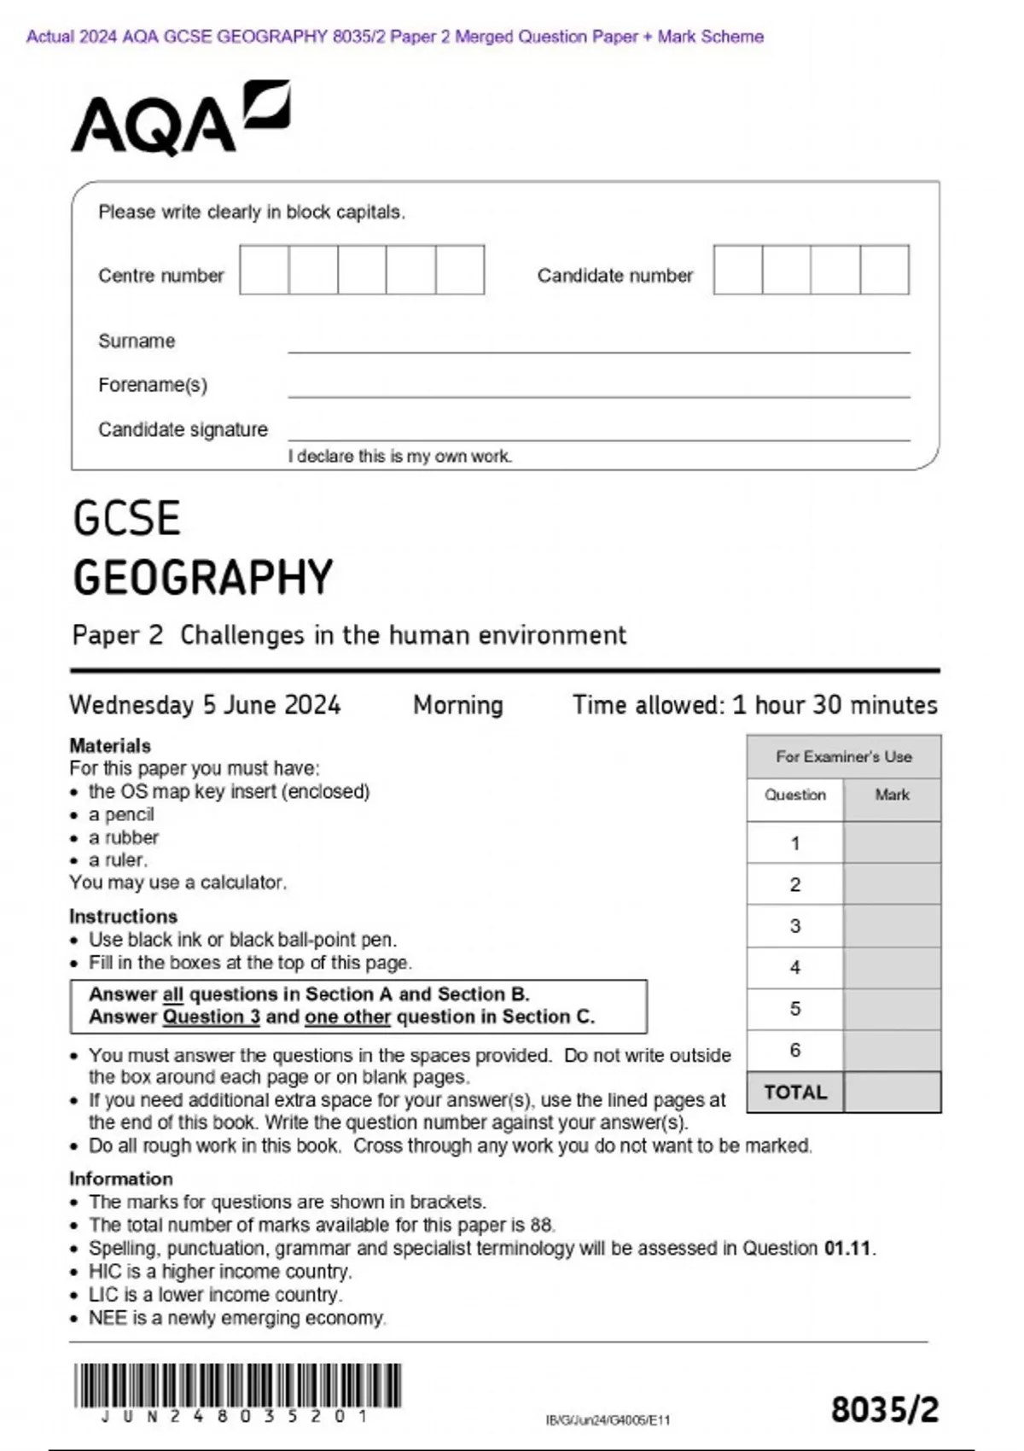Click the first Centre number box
tap(264, 270)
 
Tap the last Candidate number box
tap(884, 270)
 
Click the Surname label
tap(137, 341)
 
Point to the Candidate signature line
tap(597, 438)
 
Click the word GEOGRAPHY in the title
tap(203, 578)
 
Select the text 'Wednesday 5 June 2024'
tap(205, 705)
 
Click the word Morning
tap(458, 705)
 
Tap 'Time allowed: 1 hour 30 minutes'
tap(754, 705)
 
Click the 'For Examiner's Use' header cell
tap(843, 756)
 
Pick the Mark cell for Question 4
tap(892, 968)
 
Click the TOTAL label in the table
tap(795, 1093)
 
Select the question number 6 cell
tap(795, 1051)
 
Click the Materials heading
tap(110, 745)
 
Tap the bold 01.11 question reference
tap(848, 1249)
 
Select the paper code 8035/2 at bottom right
tap(885, 1410)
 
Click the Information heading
tap(121, 1179)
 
